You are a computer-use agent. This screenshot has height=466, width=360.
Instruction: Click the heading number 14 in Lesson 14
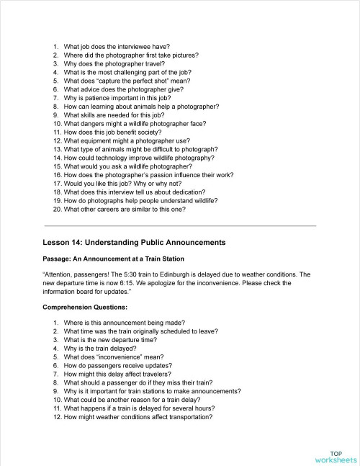coord(75,242)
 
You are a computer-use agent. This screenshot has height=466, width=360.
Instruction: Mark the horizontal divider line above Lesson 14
coord(179,225)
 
